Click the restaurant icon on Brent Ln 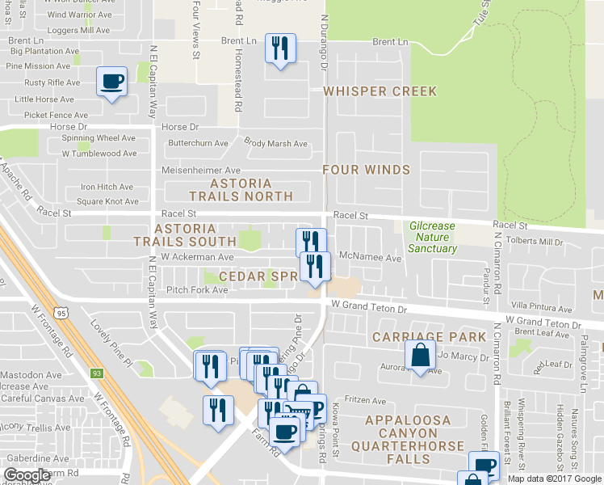point(280,48)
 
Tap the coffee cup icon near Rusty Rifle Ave point(111,82)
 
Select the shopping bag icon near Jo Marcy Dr point(419,356)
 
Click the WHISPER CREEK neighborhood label point(380,91)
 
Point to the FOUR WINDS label point(366,170)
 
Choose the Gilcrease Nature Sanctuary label point(432,237)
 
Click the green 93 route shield point(96,373)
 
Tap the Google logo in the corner point(27,475)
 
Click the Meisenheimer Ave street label point(201,171)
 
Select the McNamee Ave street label point(371,258)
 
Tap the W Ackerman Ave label point(197,257)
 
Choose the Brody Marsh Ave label point(276,144)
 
